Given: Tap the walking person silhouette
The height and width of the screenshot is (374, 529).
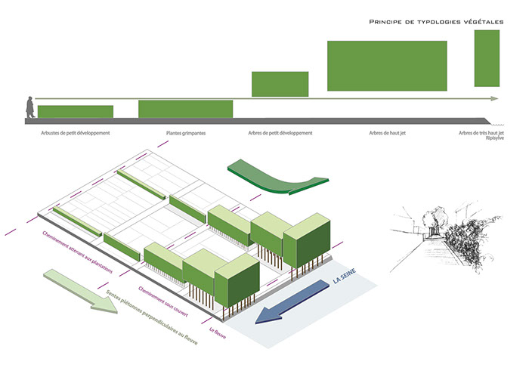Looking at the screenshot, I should pyautogui.click(x=29, y=107).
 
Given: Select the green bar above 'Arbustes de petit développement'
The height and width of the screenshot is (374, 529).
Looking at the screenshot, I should pyautogui.click(x=75, y=112).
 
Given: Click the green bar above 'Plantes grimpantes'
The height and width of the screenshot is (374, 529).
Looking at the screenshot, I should pyautogui.click(x=185, y=109).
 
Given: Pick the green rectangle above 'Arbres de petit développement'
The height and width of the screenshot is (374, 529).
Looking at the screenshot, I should pyautogui.click(x=280, y=84).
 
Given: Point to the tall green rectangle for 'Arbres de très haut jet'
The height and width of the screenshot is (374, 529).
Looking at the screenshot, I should pyautogui.click(x=486, y=57).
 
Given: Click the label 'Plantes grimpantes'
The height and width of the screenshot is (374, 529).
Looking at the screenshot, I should pyautogui.click(x=186, y=134).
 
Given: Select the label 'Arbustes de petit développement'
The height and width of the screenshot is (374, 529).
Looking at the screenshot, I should pyautogui.click(x=75, y=134).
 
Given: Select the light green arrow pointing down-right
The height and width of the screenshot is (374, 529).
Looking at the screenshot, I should pyautogui.click(x=79, y=290).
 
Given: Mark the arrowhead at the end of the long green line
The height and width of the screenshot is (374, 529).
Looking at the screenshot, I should pyautogui.click(x=494, y=99).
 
